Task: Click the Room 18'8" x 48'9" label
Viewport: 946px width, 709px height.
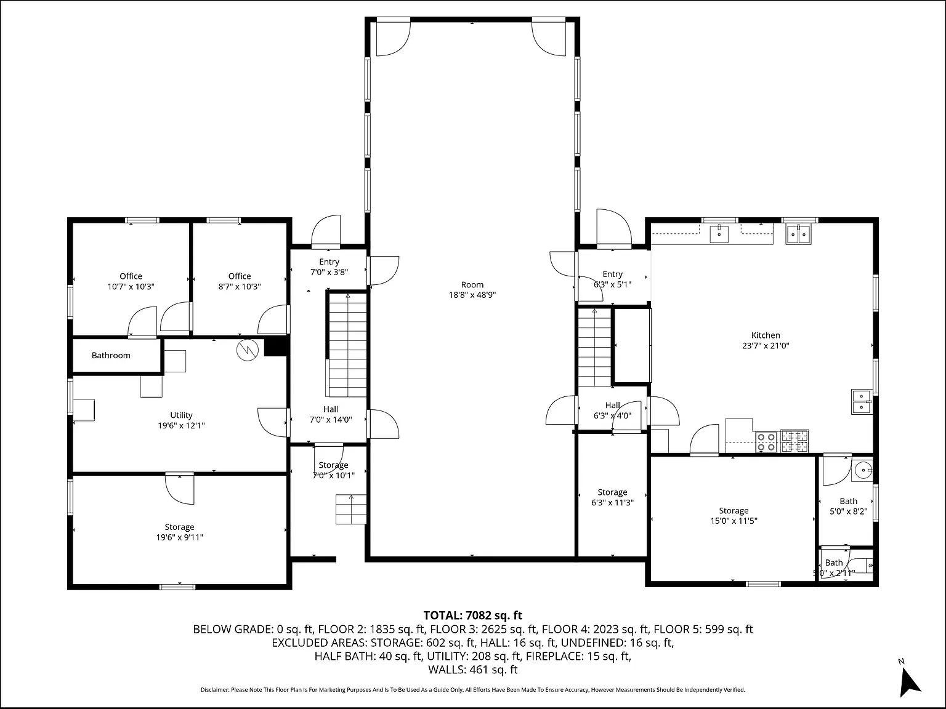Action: (x=472, y=290)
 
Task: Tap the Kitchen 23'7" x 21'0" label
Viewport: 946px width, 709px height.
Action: (x=766, y=340)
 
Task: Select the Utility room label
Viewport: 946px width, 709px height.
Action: (x=181, y=420)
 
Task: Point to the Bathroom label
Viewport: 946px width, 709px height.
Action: (x=111, y=355)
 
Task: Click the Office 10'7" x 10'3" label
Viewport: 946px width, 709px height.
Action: (x=131, y=281)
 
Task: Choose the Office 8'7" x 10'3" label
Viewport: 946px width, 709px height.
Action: (x=240, y=281)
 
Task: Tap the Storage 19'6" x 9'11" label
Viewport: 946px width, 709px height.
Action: (x=179, y=532)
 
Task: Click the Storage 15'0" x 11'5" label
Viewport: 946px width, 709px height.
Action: (x=734, y=515)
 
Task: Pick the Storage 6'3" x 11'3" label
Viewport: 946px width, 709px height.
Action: (x=612, y=497)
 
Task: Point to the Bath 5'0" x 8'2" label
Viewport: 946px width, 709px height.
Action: (x=849, y=506)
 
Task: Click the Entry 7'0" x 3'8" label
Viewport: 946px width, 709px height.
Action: (x=329, y=267)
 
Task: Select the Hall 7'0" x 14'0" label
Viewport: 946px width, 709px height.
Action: (x=331, y=414)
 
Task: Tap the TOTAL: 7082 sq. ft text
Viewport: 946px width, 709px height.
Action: (x=473, y=615)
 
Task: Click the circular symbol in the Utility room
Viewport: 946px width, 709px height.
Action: (x=248, y=350)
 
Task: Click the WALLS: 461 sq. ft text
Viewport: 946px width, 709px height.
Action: (x=473, y=670)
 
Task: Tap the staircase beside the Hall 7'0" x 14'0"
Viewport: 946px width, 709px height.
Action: (x=348, y=345)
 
